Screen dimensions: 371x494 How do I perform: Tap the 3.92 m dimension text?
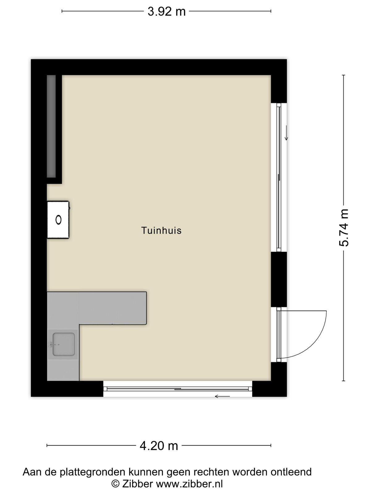[166, 11]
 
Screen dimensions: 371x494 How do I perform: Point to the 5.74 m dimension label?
[344, 228]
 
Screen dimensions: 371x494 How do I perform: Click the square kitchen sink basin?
[63, 345]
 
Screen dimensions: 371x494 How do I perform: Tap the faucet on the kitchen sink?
[53, 345]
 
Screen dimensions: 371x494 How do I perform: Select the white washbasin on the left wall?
[58, 220]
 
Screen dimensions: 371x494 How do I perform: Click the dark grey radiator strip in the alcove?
[51, 126]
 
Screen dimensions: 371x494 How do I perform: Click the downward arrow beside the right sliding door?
[286, 133]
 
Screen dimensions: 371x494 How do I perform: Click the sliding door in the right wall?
[279, 177]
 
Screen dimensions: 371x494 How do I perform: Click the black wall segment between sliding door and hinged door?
[279, 279]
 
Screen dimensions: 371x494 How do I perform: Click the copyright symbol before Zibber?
[115, 484]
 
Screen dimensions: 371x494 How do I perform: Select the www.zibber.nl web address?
[190, 484]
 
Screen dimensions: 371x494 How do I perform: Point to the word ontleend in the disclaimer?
[291, 471]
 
